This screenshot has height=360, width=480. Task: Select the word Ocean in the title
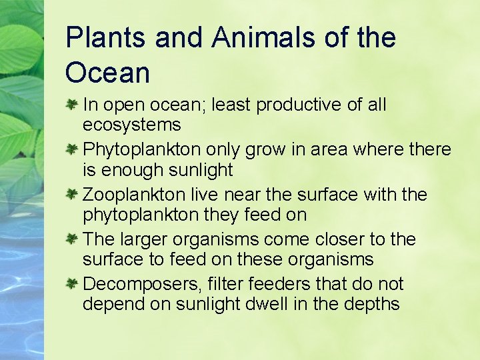click(107, 73)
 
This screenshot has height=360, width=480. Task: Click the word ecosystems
click(131, 125)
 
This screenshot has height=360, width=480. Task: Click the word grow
click(265, 150)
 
